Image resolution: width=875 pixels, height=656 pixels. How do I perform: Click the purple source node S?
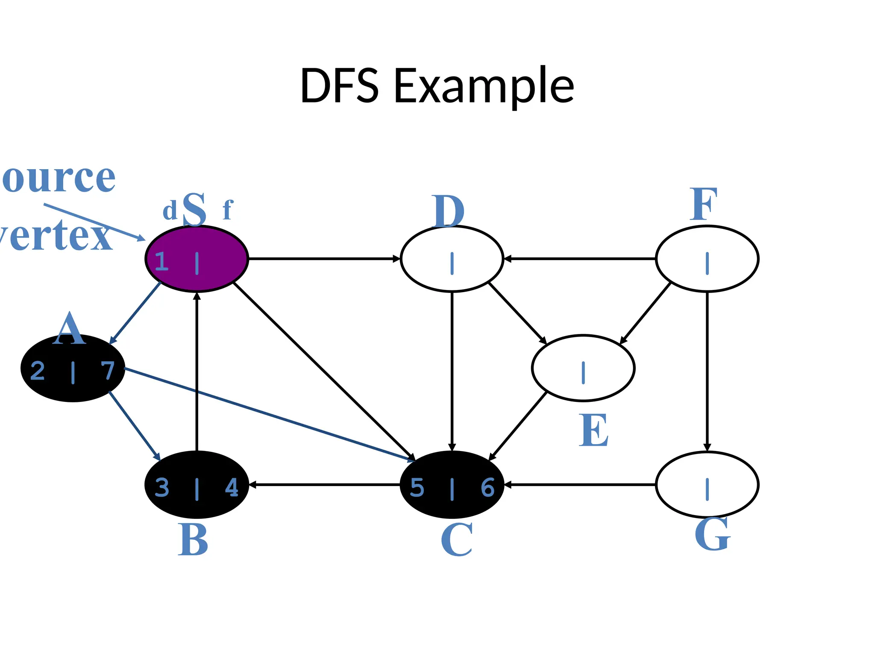point(197,259)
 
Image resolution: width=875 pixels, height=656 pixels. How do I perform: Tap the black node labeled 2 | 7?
point(73,368)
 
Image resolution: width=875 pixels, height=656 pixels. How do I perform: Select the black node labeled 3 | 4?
point(197,485)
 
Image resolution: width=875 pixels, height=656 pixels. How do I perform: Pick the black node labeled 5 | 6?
point(452,485)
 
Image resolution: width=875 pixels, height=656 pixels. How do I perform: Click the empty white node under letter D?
point(452,259)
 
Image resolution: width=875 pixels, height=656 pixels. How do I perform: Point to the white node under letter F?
point(707,259)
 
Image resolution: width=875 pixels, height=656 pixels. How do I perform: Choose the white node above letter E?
point(583,368)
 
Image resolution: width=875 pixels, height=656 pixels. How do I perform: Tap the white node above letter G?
point(707,485)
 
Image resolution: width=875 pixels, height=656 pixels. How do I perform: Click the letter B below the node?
point(193,540)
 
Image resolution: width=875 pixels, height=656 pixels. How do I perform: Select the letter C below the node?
point(457,540)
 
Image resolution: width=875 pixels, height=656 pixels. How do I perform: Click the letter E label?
point(594,430)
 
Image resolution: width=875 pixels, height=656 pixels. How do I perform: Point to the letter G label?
point(712,534)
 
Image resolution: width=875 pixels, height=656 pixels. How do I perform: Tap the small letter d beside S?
point(170,211)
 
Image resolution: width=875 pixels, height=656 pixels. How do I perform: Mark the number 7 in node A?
point(108,371)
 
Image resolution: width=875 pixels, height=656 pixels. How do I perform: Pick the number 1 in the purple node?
point(161,261)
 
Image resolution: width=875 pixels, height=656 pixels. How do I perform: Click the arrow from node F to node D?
point(579,259)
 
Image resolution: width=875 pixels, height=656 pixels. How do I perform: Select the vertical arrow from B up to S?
point(197,372)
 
